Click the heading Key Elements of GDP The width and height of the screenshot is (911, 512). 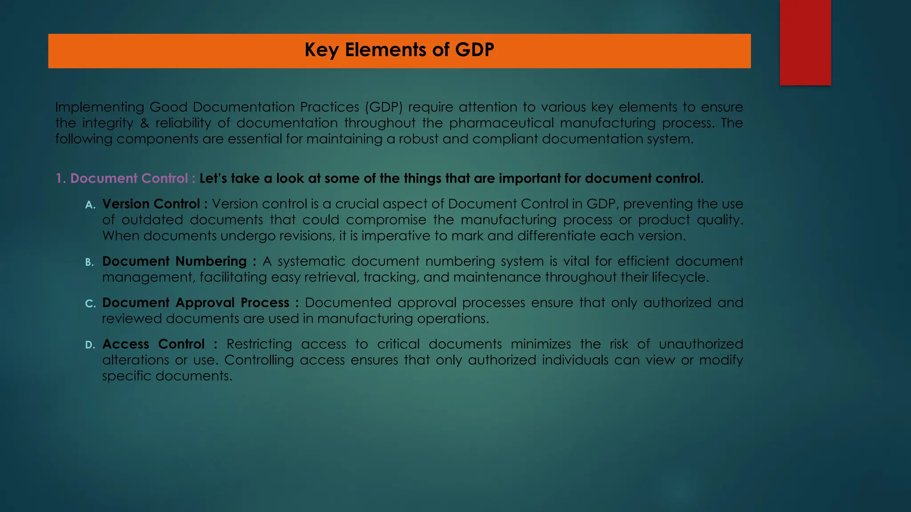pos(399,50)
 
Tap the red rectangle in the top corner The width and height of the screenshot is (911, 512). pos(805,42)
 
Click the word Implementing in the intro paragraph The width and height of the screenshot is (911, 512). pos(100,108)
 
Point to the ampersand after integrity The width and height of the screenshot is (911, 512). pos(145,123)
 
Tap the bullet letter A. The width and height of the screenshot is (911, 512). pos(90,205)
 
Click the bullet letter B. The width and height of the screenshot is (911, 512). pos(89,262)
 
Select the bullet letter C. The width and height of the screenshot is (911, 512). pos(90,304)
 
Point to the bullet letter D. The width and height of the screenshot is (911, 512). pos(90,345)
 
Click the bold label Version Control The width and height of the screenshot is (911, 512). pos(151,204)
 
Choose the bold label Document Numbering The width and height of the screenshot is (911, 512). pos(174,261)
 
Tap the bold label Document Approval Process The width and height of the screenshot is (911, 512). pos(196,303)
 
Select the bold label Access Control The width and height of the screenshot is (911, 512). pos(153,344)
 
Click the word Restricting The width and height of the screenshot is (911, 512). pos(259,344)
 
